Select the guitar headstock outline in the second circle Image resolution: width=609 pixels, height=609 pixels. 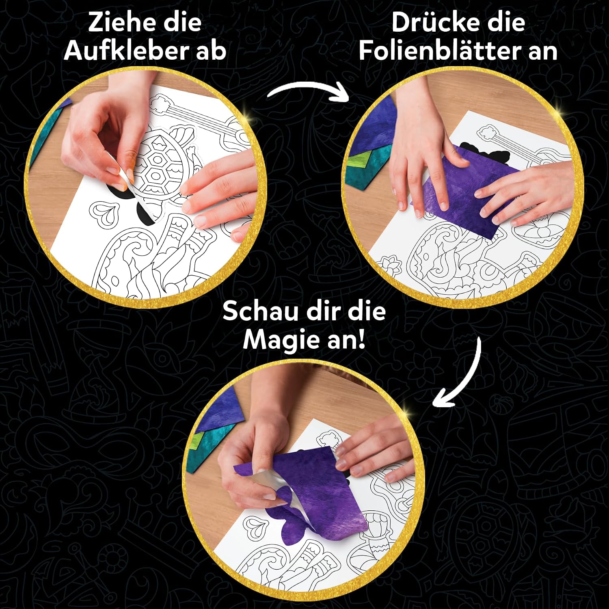491,134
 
